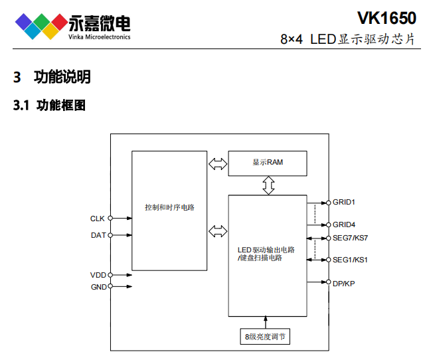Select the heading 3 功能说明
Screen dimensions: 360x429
click(x=52, y=77)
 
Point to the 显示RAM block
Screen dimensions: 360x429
click(x=268, y=163)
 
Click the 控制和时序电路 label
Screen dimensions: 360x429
click(x=169, y=207)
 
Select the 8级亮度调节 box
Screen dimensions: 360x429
click(x=266, y=337)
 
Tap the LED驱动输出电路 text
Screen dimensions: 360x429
click(x=266, y=250)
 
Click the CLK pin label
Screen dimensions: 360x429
click(x=98, y=218)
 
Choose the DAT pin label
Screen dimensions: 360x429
click(x=98, y=235)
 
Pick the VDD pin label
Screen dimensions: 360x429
click(x=98, y=274)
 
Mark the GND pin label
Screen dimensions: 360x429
click(x=98, y=287)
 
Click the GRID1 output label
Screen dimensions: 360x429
click(x=344, y=202)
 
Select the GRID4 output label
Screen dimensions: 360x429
click(x=344, y=225)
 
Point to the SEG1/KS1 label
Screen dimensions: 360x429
click(x=350, y=260)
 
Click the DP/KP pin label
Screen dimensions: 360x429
click(x=345, y=283)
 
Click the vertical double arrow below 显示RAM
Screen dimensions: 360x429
click(x=268, y=185)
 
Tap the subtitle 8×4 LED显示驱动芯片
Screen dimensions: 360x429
click(x=349, y=39)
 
